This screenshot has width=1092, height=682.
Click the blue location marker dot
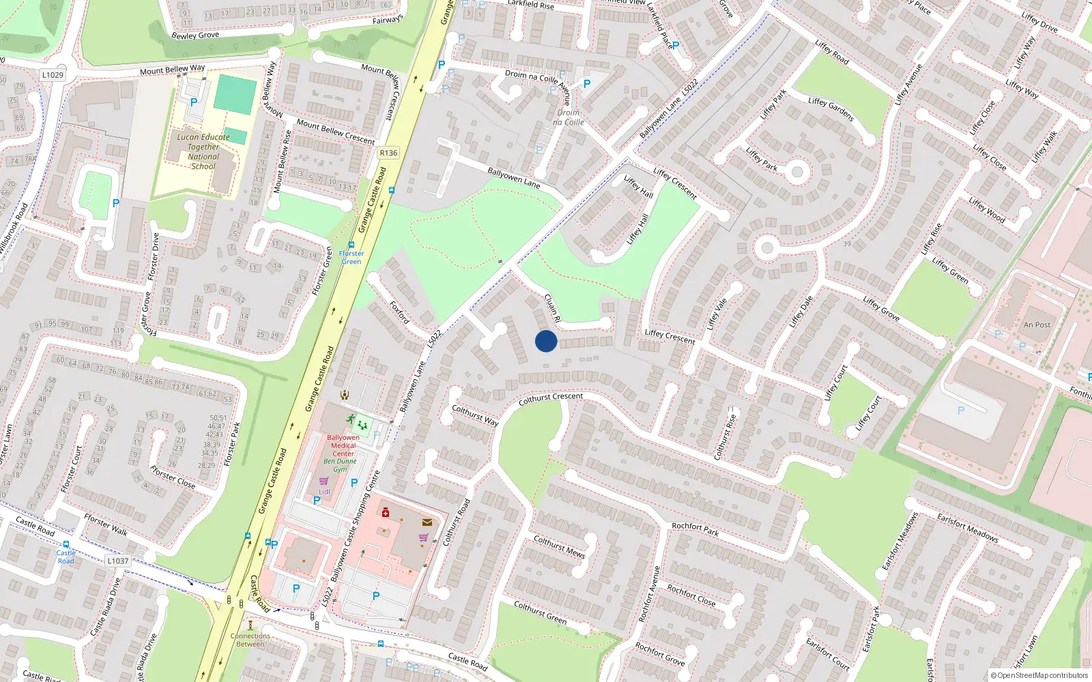tap(546, 341)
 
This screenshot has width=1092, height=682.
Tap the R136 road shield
tap(388, 153)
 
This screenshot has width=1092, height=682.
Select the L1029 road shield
tap(53, 75)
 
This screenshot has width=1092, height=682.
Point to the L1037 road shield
tap(117, 561)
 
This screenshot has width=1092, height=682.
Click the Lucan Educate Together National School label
tap(203, 151)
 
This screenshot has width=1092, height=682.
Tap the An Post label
tap(1037, 325)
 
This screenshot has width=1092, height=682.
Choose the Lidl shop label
tap(324, 491)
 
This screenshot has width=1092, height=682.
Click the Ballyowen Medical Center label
tap(343, 445)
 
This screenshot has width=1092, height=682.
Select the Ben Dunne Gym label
tap(340, 465)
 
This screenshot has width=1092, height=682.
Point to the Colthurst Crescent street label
tap(551, 399)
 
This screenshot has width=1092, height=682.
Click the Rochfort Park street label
tap(695, 529)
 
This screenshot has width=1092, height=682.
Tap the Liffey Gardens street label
tap(831, 109)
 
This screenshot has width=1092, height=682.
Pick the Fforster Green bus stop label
tap(351, 257)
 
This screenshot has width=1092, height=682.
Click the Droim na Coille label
tap(569, 117)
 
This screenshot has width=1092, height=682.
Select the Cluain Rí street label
tap(552, 308)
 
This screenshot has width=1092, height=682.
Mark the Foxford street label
tap(399, 312)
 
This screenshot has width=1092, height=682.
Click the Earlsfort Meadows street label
tap(967, 528)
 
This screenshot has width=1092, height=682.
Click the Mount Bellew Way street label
tap(172, 70)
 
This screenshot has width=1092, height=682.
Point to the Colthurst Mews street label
tap(559, 547)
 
